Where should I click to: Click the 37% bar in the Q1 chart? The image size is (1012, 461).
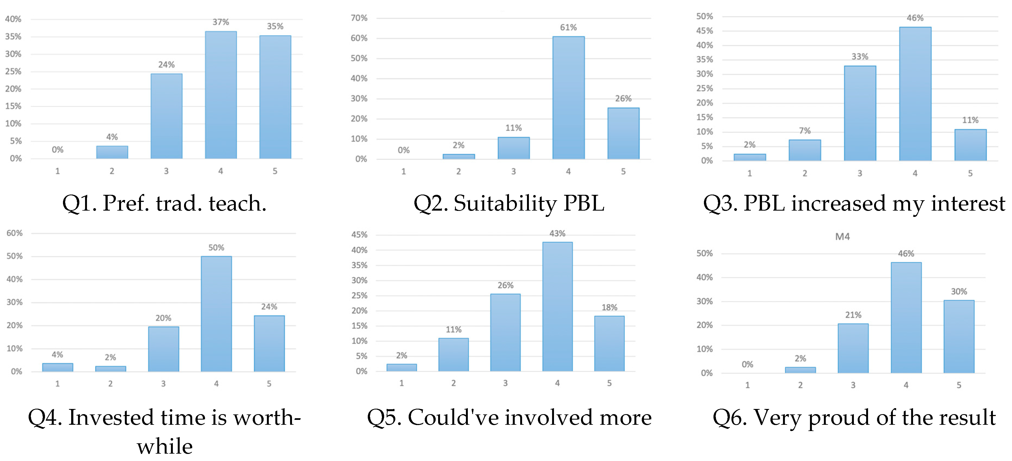221,95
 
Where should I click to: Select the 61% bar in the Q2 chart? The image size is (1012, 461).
568,98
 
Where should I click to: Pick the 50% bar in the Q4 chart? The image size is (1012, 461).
216,314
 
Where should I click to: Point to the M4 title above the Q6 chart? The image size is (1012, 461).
842,237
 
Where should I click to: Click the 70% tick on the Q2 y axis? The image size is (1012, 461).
359,18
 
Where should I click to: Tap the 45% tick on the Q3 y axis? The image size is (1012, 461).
704,31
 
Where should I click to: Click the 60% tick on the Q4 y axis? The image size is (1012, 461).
14,233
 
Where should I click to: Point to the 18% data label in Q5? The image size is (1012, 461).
609,307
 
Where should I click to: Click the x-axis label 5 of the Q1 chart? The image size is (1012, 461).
275,171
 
